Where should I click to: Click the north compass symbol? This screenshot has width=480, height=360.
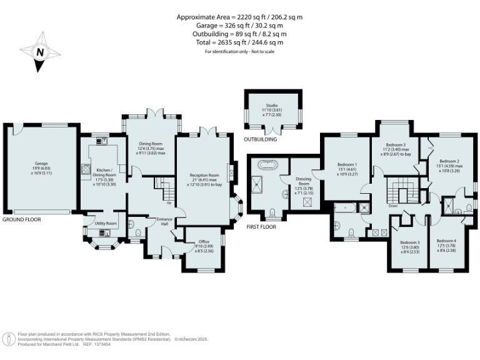pyautogui.click(x=39, y=52)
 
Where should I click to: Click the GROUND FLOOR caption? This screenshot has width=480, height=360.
pyautogui.click(x=21, y=220)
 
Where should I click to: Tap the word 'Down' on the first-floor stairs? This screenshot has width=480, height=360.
pyautogui.click(x=392, y=205)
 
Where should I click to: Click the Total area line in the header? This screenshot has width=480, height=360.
pyautogui.click(x=239, y=42)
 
